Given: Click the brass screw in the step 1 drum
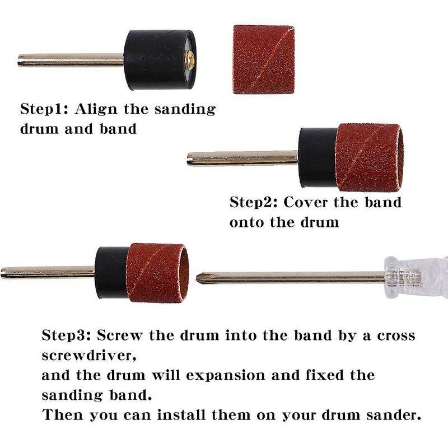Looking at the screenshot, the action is (x=191, y=60).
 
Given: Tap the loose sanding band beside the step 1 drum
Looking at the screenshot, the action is (x=264, y=59).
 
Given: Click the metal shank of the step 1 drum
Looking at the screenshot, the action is (x=71, y=60).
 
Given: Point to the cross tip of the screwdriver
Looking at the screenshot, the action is (x=198, y=278).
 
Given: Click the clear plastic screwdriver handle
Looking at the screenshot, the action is (x=416, y=277).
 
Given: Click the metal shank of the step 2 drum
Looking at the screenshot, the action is (x=243, y=159).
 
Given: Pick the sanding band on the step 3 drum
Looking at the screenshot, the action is (x=157, y=273).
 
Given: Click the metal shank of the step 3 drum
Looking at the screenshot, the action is (x=48, y=273).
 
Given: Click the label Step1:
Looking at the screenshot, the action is (x=44, y=109).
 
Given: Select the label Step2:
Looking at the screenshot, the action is (x=254, y=203).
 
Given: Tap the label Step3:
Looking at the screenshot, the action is (x=66, y=335).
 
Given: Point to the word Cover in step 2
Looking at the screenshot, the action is (x=305, y=203).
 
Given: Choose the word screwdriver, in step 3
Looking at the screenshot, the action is (x=89, y=356).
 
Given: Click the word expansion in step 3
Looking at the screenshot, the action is (x=226, y=376).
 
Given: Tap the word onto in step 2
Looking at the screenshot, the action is (x=247, y=222).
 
